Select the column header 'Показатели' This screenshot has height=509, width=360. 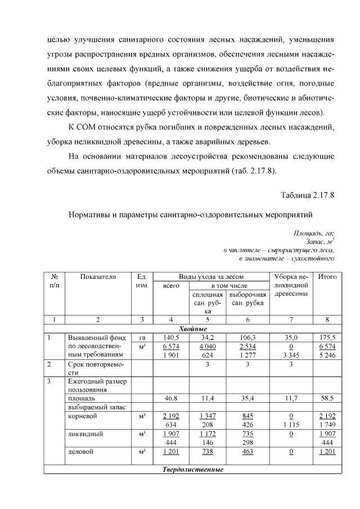98,276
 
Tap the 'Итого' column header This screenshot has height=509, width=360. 327,276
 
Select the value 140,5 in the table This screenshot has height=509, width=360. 171,337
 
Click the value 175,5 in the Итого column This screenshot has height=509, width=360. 327,337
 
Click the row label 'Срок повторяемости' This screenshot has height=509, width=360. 95,368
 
